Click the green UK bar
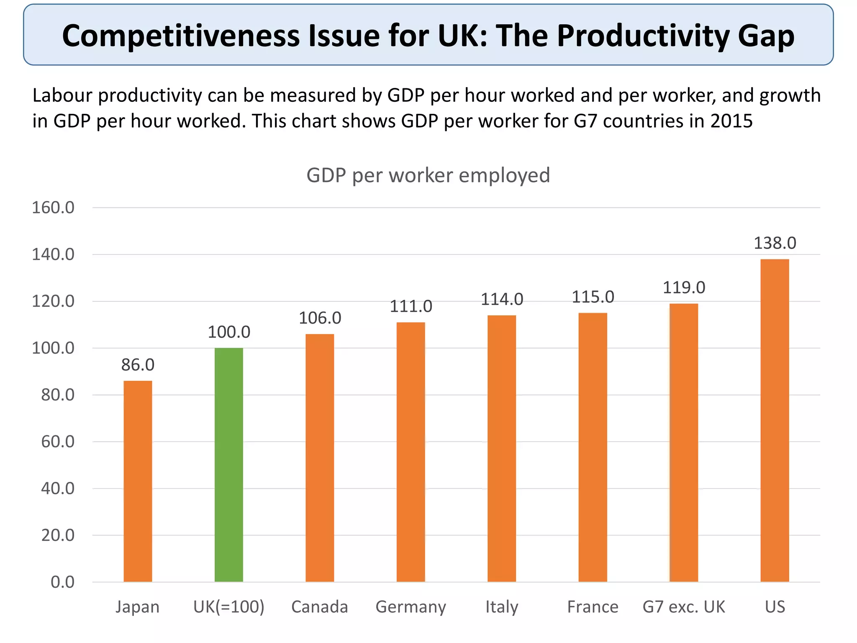(228, 465)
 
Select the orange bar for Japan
(138, 481)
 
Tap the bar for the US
(775, 421)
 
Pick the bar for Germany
(411, 452)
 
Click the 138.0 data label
(775, 243)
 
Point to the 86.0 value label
(138, 365)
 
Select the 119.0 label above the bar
(684, 288)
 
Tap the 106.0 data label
(320, 318)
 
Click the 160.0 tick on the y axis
(53, 208)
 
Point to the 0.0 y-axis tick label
(62, 582)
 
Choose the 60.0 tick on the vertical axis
(58, 442)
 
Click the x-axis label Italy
(502, 607)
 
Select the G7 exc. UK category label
(684, 607)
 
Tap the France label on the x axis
(593, 607)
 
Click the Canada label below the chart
(320, 607)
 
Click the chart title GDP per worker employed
(428, 175)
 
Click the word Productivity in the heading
(643, 36)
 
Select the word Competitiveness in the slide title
(181, 36)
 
